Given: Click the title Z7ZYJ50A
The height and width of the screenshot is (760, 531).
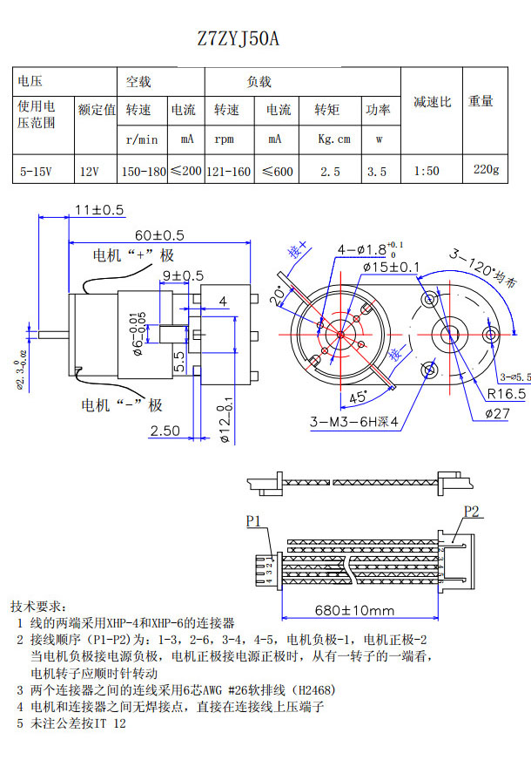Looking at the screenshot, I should click(238, 39).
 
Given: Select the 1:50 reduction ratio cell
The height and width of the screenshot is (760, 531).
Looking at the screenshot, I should click(427, 172).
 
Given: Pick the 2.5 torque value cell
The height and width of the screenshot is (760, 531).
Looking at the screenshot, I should click(330, 172).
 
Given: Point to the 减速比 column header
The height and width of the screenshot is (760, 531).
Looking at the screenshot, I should click(432, 102).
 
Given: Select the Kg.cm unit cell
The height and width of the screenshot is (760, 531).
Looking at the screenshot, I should click(333, 139).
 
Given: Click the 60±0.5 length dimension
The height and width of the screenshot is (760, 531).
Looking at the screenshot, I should click(159, 235).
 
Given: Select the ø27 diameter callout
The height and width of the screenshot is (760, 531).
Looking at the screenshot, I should click(494, 413).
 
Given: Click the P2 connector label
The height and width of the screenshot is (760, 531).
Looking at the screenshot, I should click(471, 512).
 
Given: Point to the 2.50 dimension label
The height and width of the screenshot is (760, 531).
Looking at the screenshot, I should click(165, 431).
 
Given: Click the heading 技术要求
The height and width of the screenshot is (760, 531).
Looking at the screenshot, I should click(43, 607).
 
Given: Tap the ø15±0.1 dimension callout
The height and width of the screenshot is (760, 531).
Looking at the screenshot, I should click(391, 267).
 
